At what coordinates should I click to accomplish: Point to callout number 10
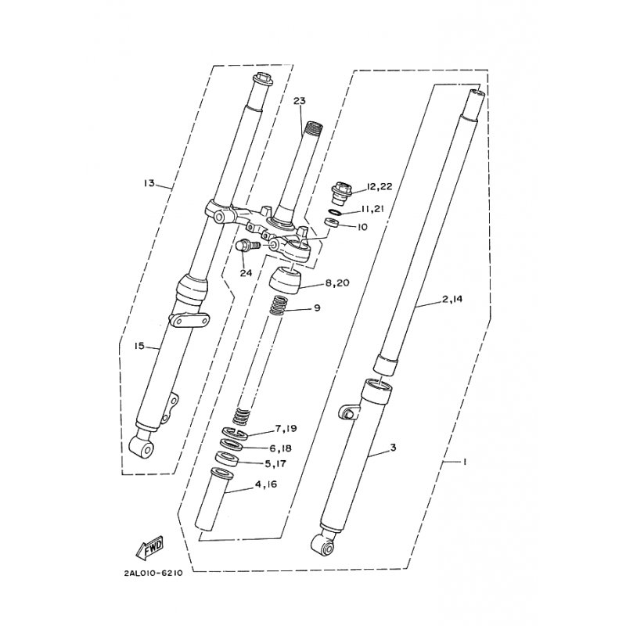click(x=362, y=227)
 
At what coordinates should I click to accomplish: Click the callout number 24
click(x=246, y=272)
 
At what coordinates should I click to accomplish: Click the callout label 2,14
click(x=430, y=299)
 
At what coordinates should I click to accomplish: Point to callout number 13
click(x=149, y=184)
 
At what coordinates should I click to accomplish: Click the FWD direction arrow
click(x=151, y=552)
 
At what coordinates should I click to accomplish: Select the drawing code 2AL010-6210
click(x=153, y=573)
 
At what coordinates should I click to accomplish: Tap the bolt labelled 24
click(x=245, y=246)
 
